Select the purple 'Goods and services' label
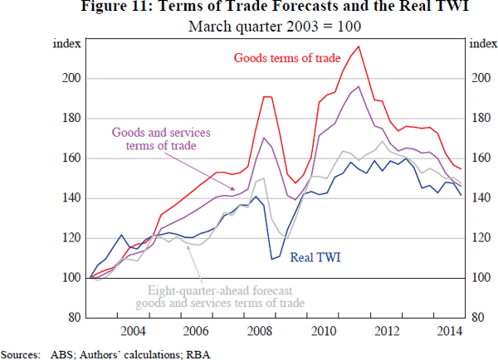click(162, 133)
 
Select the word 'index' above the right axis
click(482, 44)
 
